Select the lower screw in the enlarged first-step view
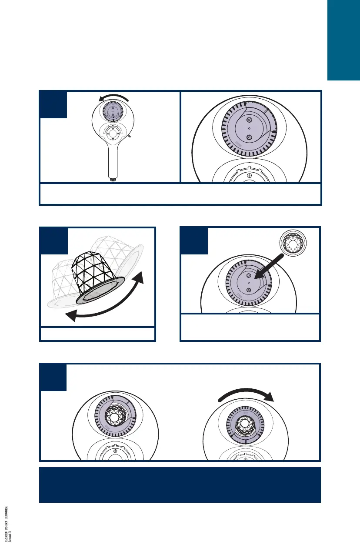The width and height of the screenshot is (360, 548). point(250,137)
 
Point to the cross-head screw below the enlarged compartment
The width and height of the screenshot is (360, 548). point(249,175)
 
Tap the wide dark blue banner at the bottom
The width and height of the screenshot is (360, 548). point(180,485)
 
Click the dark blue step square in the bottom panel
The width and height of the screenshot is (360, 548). point(53,377)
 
